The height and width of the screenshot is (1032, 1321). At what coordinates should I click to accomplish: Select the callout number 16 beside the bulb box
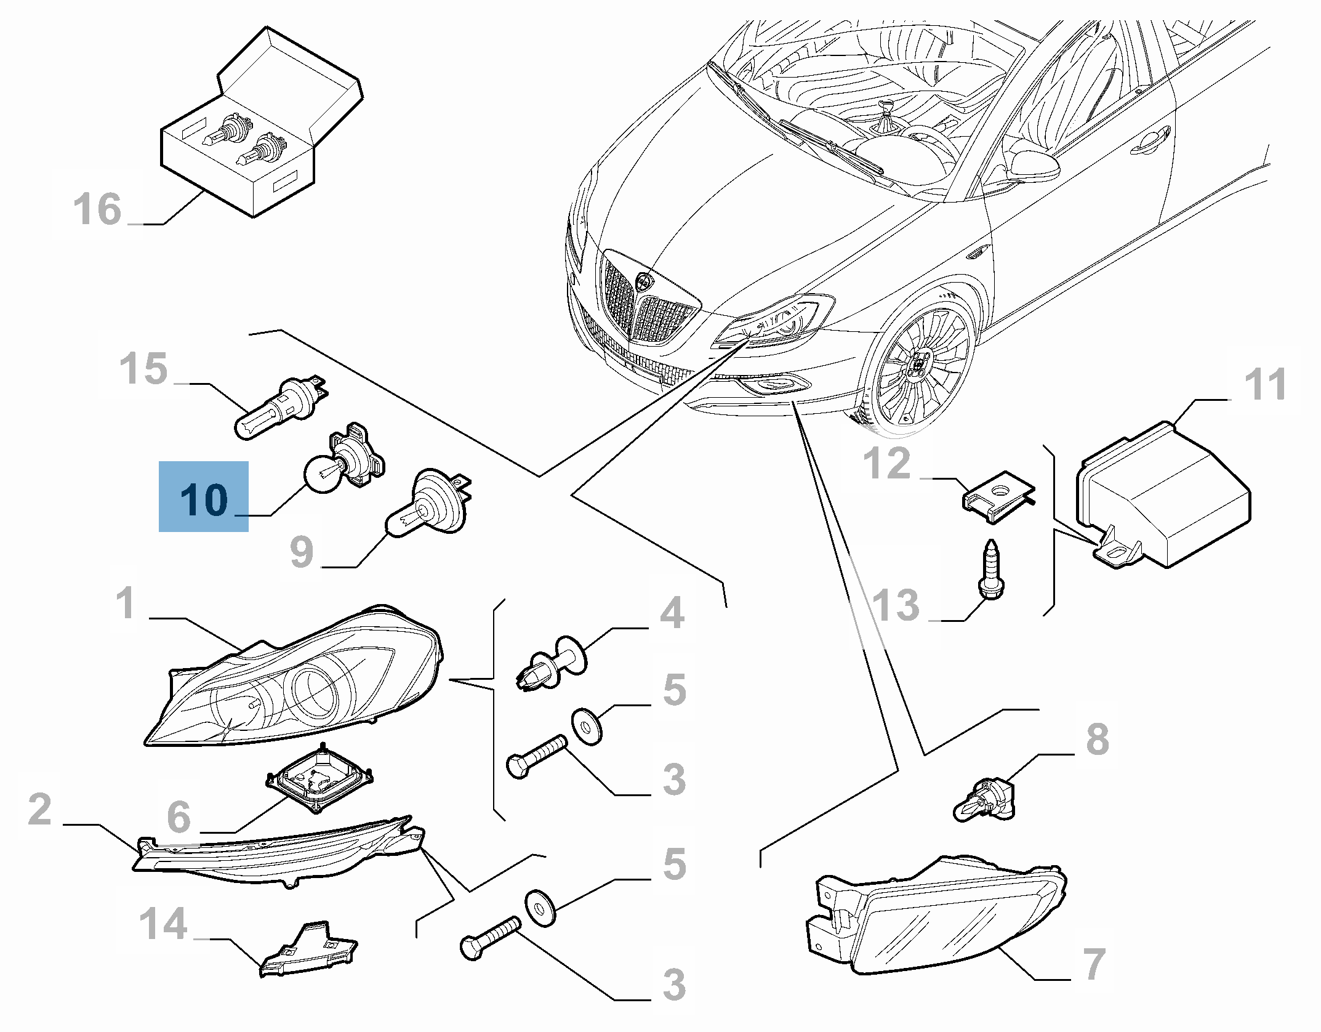97,209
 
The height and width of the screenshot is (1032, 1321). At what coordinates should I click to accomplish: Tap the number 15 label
143,369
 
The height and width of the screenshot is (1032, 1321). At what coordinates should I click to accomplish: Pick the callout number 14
163,924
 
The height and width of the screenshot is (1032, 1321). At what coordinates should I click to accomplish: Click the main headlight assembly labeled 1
295,683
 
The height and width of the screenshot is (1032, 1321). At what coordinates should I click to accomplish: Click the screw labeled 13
990,566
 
